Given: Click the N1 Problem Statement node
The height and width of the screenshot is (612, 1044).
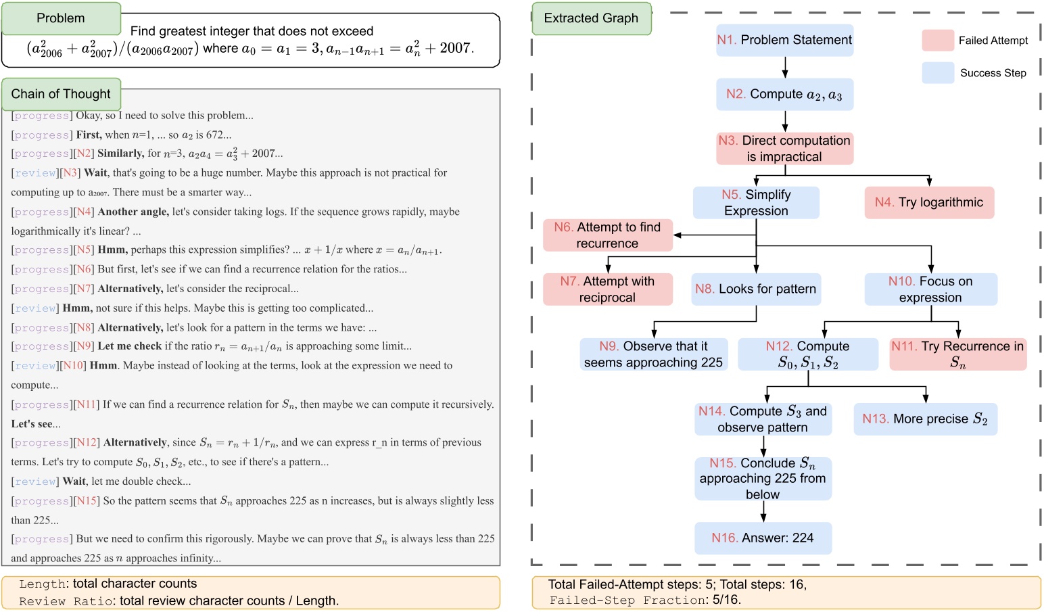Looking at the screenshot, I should point(784,41).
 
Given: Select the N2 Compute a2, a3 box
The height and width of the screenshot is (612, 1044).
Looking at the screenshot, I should point(784,95).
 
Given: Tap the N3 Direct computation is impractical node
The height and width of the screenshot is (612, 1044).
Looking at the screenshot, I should point(784,149).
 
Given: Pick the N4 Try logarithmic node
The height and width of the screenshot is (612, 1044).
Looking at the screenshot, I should point(929,203).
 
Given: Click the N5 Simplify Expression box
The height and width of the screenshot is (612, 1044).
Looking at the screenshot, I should point(756,203).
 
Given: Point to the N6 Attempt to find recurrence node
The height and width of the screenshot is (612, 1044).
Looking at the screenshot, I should point(607,235).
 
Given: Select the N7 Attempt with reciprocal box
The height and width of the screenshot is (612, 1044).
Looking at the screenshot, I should point(607,289).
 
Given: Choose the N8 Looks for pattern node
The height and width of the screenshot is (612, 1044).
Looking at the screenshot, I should point(756,289).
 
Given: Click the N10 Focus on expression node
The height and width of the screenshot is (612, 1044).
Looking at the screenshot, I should point(930,289).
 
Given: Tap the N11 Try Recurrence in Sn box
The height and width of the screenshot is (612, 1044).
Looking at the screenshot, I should point(957,354).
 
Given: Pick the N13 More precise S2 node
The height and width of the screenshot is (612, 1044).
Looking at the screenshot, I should point(925,419).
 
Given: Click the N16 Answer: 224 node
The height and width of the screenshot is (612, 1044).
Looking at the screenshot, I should point(763,538).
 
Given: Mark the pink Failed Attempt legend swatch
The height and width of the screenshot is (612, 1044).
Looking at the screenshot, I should point(938,41).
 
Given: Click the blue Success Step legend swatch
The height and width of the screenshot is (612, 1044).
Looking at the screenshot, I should point(938,73).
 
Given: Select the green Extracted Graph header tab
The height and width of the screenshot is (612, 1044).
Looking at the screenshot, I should point(591,18).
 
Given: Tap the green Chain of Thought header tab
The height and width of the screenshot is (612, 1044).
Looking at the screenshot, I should point(61,94).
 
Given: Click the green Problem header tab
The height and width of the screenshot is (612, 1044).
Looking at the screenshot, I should point(61,18).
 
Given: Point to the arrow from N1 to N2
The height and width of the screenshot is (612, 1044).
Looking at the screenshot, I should point(785,68).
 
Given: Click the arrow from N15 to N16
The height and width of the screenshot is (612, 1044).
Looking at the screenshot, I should point(763,511).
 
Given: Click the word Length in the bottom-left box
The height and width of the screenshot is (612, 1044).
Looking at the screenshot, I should point(42,584).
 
